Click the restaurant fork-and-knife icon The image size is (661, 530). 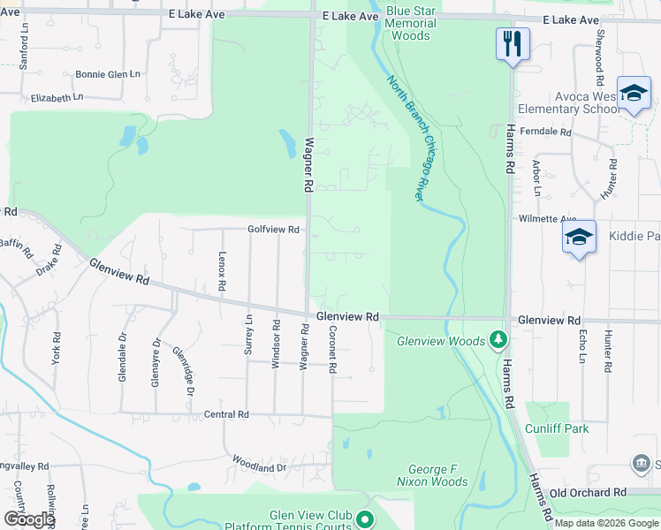click(513, 43)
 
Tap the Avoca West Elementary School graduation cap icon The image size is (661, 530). click(634, 93)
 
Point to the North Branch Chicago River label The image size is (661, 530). click(412, 137)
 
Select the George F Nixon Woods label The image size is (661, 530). click(426, 475)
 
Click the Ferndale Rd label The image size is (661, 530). click(546, 132)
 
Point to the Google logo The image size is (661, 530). click(29, 519)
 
